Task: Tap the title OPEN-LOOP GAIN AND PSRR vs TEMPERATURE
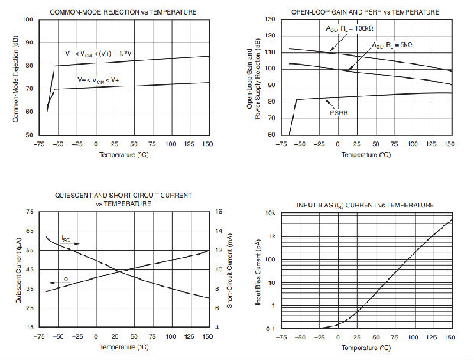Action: [366, 11]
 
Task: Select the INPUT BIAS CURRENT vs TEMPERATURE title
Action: [365, 206]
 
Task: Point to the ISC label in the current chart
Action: [67, 238]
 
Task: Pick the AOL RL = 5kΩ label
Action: [392, 45]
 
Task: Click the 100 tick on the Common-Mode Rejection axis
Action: [28, 19]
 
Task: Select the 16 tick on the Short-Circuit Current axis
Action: [219, 212]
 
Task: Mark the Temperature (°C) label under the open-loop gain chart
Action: [365, 154]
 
